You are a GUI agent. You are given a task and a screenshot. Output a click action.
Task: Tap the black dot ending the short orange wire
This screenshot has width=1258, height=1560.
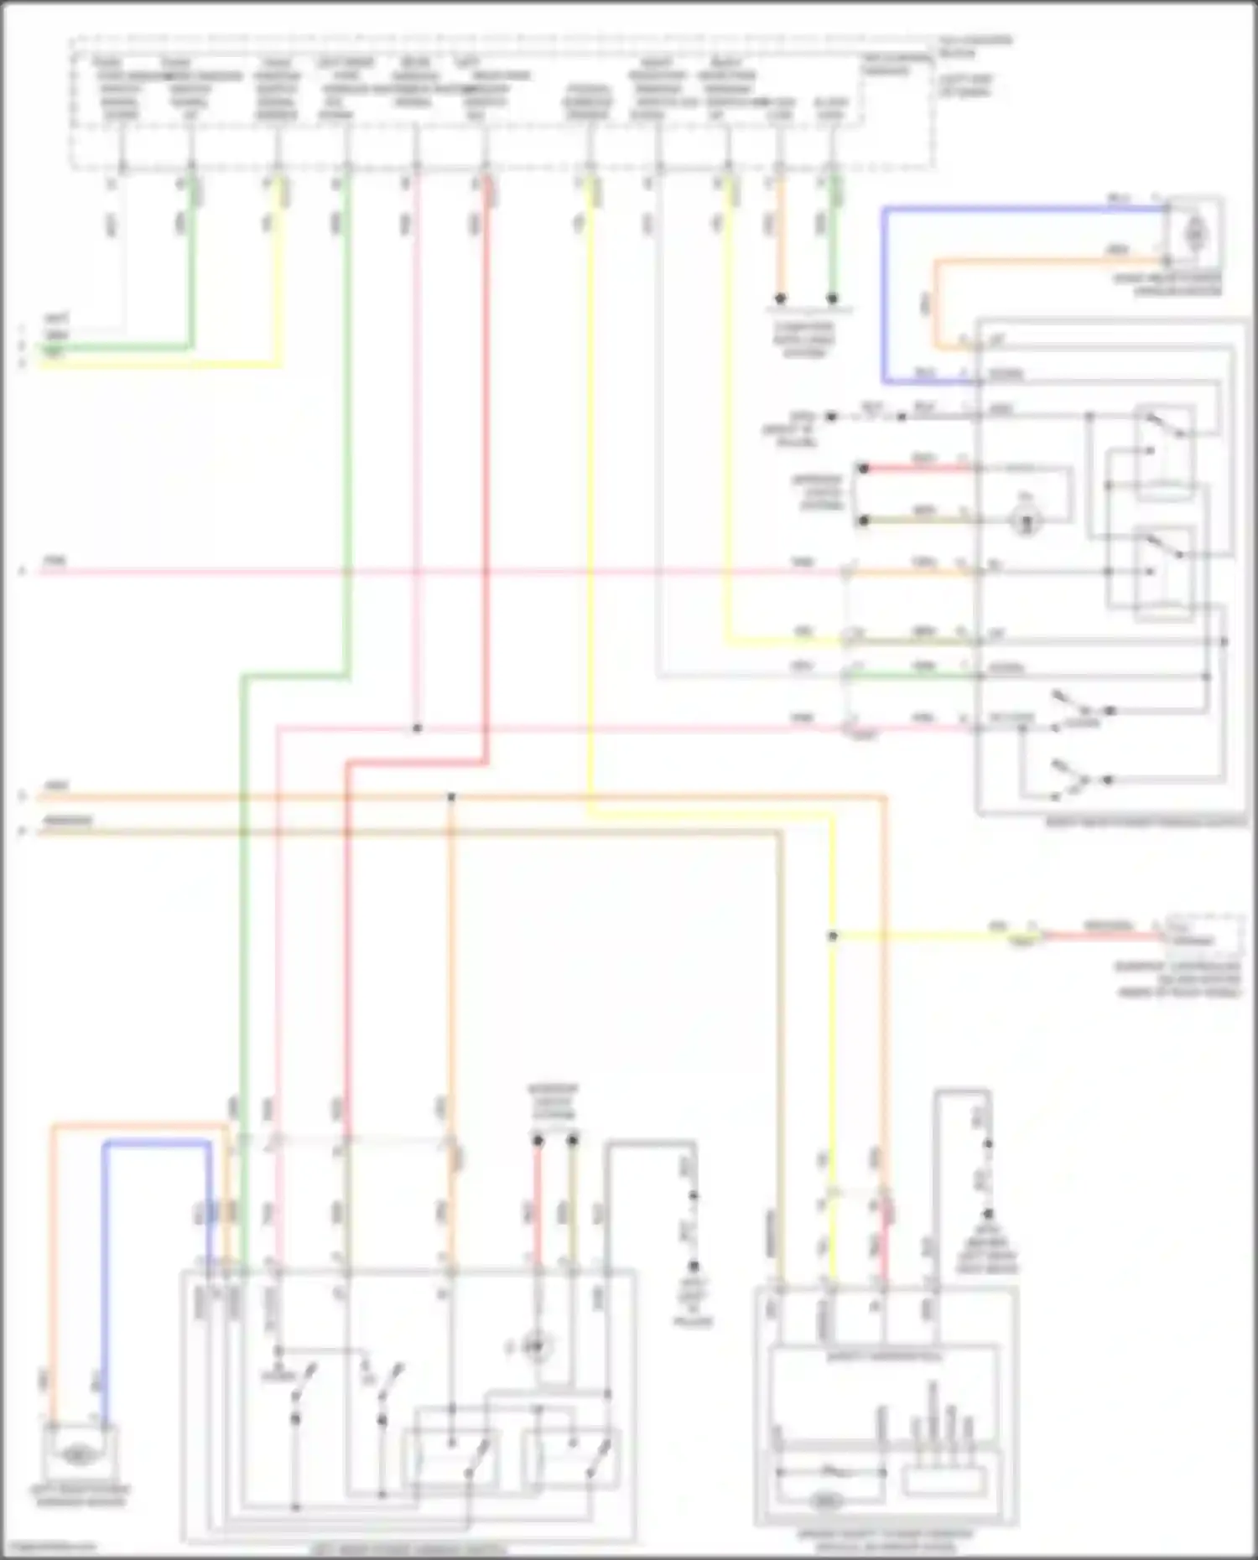click(x=780, y=298)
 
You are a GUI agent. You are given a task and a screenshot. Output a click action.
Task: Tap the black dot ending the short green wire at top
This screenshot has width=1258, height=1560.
click(x=832, y=298)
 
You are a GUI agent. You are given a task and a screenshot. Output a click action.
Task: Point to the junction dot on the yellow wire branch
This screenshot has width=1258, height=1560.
click(x=833, y=935)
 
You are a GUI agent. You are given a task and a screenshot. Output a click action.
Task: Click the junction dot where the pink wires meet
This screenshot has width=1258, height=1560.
click(x=417, y=728)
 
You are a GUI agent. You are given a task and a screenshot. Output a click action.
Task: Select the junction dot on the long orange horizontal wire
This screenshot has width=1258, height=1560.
click(x=451, y=796)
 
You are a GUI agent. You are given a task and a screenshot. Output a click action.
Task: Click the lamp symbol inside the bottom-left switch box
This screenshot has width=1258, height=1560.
click(x=532, y=1347)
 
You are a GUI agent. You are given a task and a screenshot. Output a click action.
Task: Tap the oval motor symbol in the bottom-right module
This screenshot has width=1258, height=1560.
click(x=826, y=1502)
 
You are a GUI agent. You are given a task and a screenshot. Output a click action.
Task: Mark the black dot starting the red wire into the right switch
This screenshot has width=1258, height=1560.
click(x=864, y=468)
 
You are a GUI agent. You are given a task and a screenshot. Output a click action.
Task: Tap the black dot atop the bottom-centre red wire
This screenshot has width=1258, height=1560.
click(x=538, y=1141)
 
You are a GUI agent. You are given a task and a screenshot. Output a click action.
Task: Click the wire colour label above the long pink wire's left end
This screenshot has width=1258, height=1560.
click(x=55, y=560)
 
